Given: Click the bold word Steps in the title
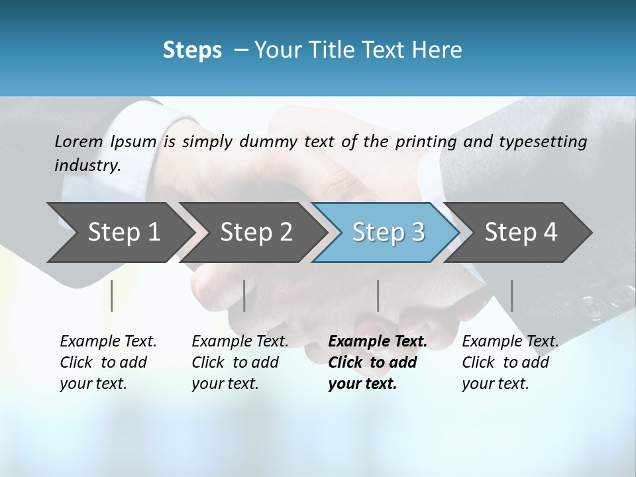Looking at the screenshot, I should click(x=192, y=50).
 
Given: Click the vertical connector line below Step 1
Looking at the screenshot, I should click(x=112, y=295).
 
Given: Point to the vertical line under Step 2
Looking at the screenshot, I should click(x=244, y=295).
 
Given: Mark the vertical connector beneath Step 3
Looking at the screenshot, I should click(x=378, y=295).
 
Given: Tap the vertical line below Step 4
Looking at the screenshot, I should click(x=511, y=295).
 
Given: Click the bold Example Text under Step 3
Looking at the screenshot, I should click(x=378, y=342).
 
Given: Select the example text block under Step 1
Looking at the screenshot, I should click(x=107, y=362).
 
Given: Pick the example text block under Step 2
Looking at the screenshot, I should click(x=239, y=362).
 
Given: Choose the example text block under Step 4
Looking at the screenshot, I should click(x=509, y=362).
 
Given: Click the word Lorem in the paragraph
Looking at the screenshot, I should click(x=79, y=142).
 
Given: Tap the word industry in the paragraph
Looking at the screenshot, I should click(x=87, y=166).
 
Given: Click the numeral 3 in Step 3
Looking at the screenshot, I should click(x=417, y=232).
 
